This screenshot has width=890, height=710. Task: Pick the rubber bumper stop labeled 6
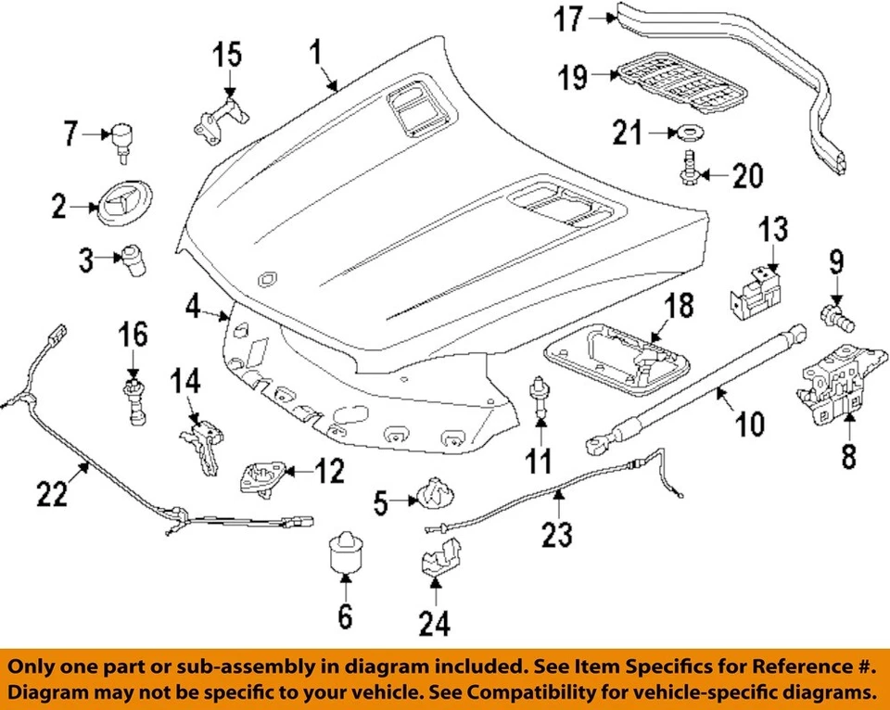coord(345,552)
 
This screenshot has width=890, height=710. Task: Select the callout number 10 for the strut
coord(749,425)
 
